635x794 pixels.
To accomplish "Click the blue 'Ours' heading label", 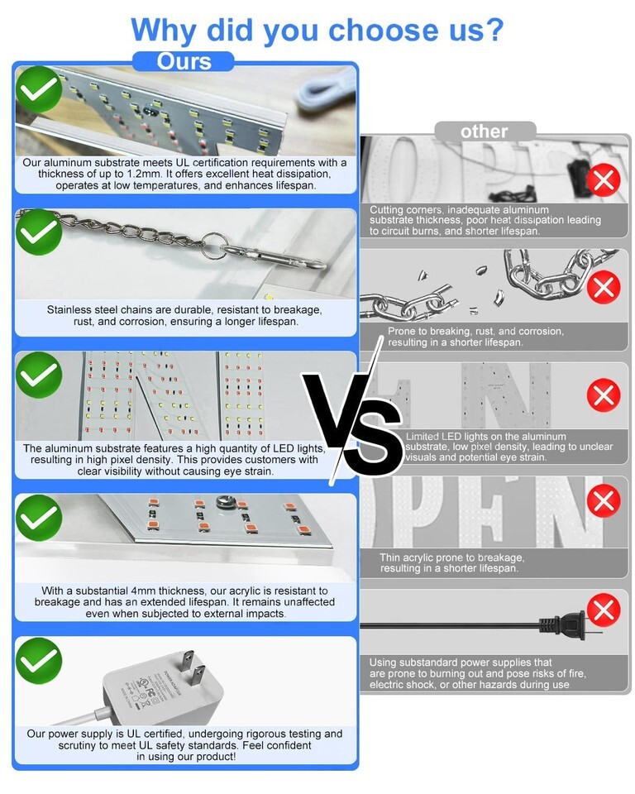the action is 184,61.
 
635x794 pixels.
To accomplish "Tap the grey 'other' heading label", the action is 484,132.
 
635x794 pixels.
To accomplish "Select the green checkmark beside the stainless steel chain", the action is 39,232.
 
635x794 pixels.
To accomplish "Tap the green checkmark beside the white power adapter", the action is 39,661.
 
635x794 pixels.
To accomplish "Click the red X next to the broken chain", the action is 604,287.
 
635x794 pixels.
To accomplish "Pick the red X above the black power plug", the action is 604,610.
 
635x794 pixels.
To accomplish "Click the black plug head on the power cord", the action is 563,625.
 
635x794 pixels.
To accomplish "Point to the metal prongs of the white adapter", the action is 192,667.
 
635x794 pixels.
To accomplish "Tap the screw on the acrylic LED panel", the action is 223,502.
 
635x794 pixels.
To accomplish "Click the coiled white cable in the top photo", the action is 322,92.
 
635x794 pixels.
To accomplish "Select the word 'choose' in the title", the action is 384,30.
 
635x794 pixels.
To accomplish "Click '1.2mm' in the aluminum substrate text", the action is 142,174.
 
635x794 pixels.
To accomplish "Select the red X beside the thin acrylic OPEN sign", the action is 604,501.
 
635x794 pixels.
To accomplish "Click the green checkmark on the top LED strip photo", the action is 39,89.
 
